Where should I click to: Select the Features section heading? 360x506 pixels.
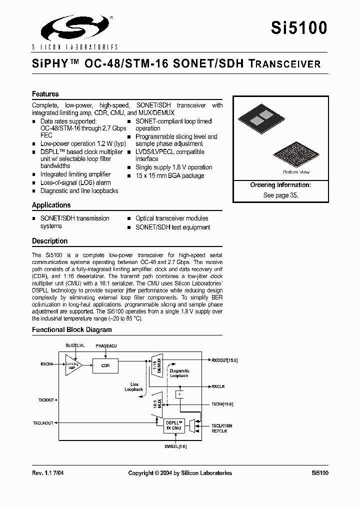(x=45, y=94)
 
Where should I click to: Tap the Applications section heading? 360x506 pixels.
(x=51, y=205)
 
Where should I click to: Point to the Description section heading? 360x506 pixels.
(x=50, y=241)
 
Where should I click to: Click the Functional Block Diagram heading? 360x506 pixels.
(x=72, y=329)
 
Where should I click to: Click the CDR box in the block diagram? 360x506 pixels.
(x=105, y=366)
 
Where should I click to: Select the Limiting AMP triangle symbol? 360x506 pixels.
(x=72, y=366)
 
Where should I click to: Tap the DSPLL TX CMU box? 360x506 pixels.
(x=174, y=425)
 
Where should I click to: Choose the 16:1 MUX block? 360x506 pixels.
(x=157, y=404)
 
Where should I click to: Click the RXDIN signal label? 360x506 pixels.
(x=46, y=363)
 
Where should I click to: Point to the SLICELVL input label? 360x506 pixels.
(x=75, y=345)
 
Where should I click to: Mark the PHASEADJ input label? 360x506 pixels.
(x=105, y=345)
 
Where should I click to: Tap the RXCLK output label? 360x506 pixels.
(x=218, y=386)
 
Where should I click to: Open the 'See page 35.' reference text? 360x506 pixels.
(x=280, y=195)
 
